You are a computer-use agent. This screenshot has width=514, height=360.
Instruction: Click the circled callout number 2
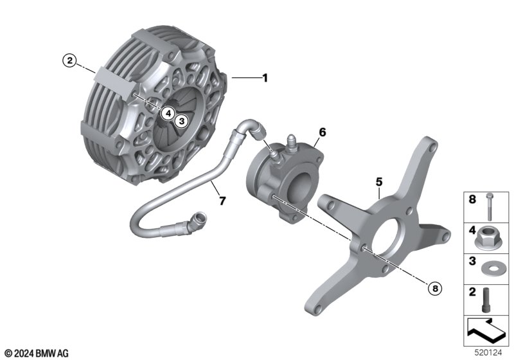pos(69,60)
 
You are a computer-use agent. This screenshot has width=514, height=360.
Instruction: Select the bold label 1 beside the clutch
pos(265,78)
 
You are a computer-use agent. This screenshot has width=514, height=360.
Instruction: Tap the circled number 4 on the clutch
pos(168,113)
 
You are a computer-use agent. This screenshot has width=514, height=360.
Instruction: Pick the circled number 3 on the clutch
pos(182,122)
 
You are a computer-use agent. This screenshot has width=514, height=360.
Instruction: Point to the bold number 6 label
pos(323,132)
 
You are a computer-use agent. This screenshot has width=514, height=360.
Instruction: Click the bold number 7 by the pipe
pos(222,201)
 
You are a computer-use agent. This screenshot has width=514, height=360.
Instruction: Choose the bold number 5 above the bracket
pos(379,182)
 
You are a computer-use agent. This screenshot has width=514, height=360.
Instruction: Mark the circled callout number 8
pos(435,288)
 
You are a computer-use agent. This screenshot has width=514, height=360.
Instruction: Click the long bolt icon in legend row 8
pos(489,206)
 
